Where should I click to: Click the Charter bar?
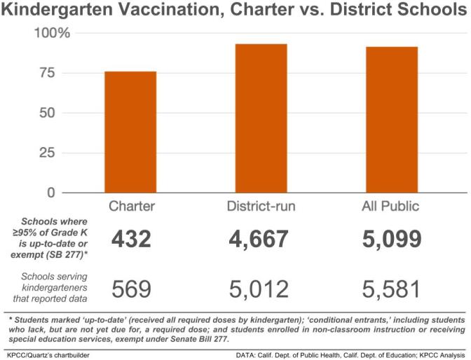tap(130, 132)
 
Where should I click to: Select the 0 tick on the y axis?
tap(62, 192)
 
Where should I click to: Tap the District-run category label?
tap(261, 207)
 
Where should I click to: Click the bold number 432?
tap(130, 240)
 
